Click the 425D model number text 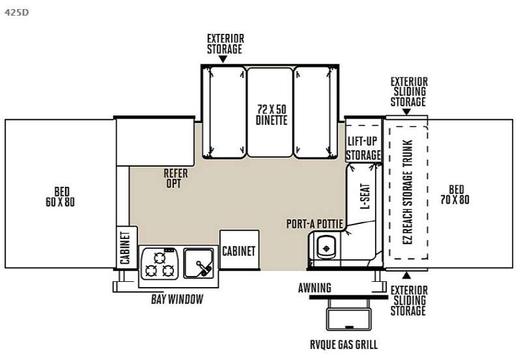pos(17,12)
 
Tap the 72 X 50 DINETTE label pos(272,115)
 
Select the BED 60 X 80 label pos(61,197)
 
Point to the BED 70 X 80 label pos(455,194)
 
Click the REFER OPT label pos(175,178)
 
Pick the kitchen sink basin pos(199,263)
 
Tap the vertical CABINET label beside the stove pos(126,247)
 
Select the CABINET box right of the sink pos(239,250)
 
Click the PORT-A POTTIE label pos(315,224)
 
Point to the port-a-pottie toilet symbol pos(326,247)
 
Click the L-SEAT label pos(365,196)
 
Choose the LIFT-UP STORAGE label pos(363,148)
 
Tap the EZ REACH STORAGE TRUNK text pos(408,192)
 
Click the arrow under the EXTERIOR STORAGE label pos(223,59)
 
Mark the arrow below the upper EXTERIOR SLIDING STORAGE pos(406,112)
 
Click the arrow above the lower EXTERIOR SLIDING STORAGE pos(406,275)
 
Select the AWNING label pos(315,288)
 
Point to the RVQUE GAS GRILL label pos(344,344)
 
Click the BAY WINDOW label pos(177,299)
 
